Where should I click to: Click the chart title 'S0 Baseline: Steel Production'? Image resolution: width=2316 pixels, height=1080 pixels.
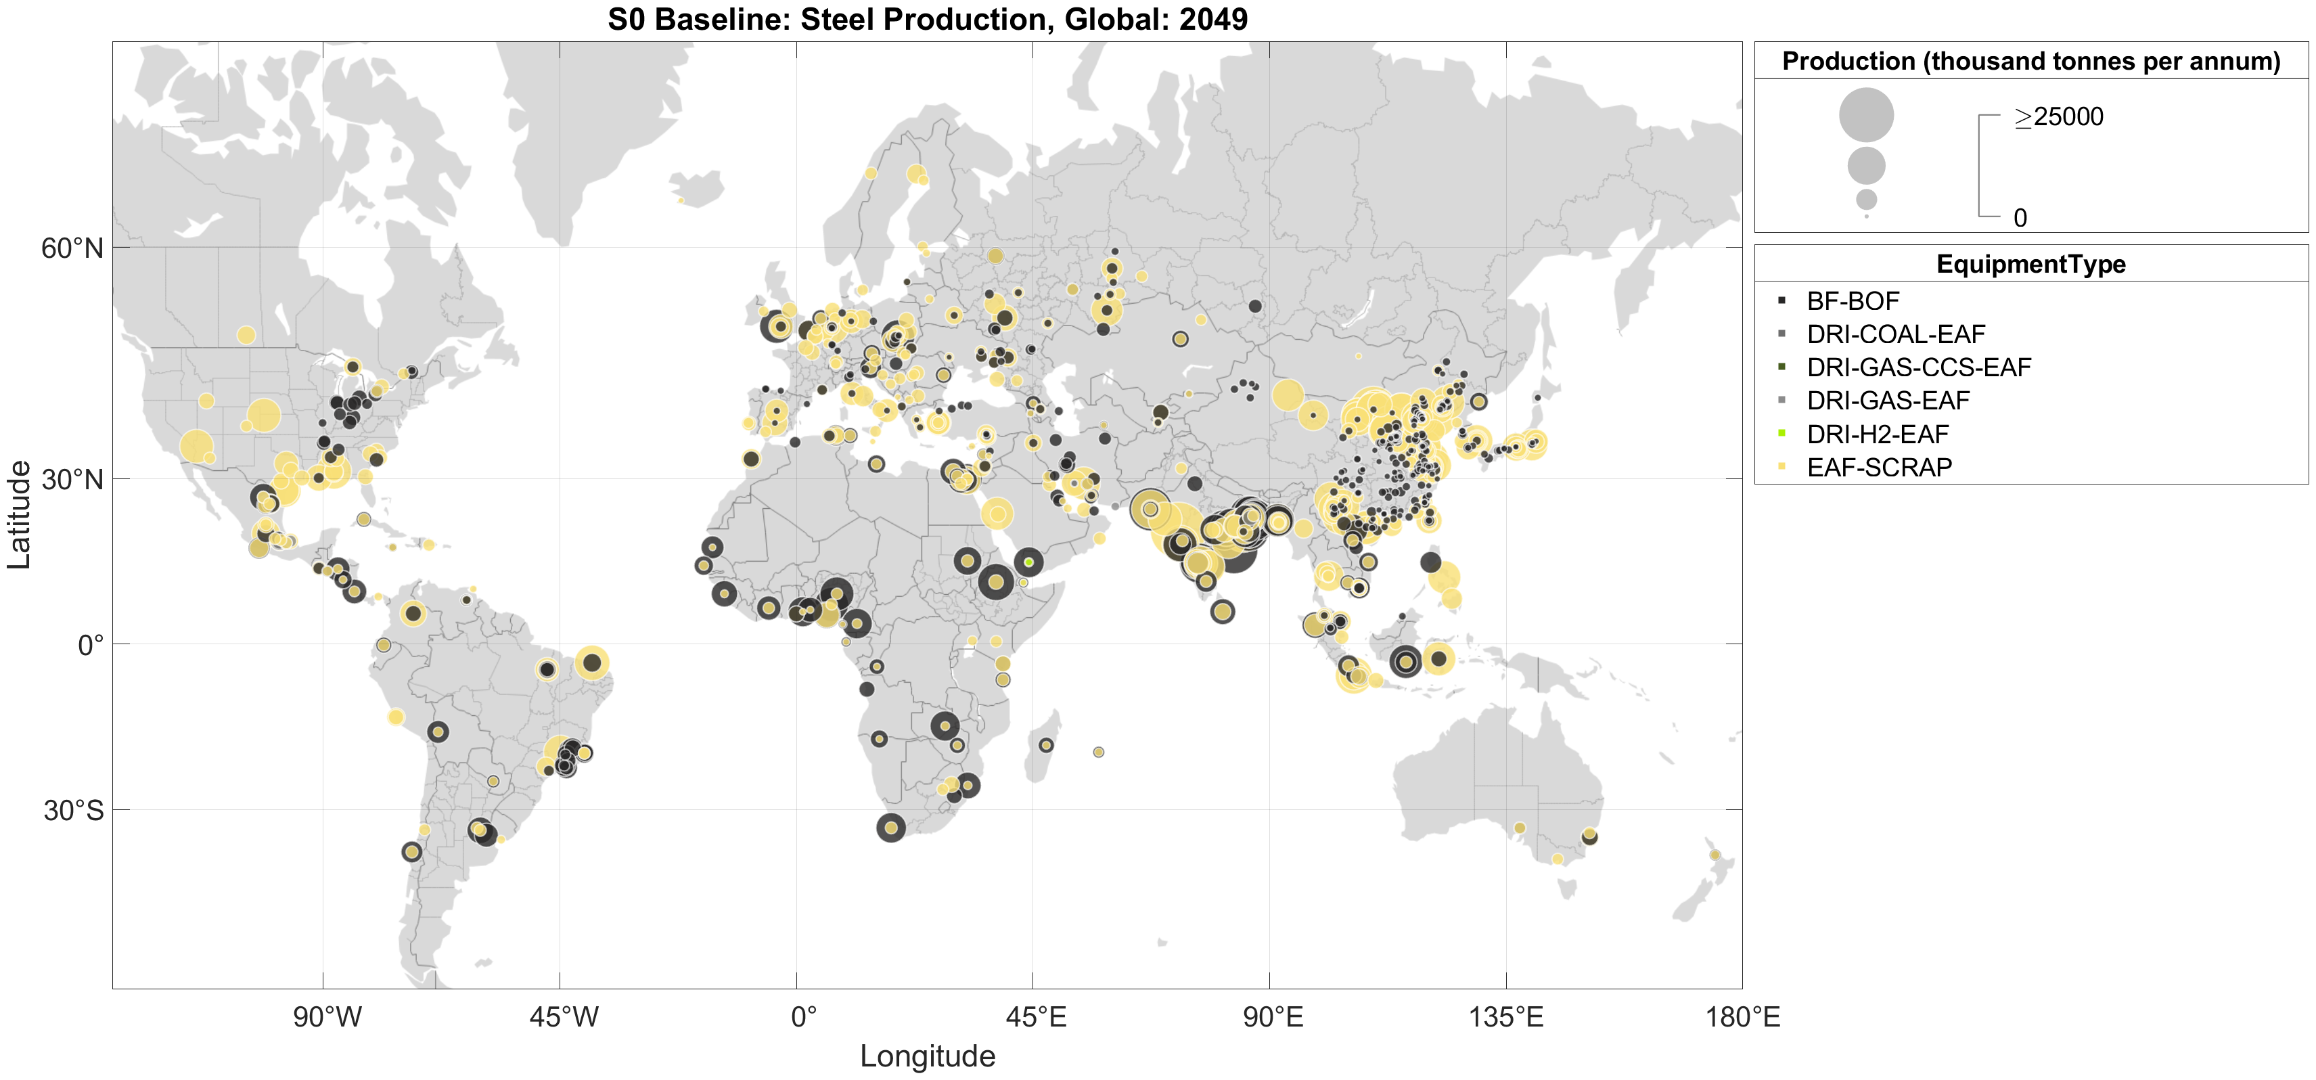(927, 19)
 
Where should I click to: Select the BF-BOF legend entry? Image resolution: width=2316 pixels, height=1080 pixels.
(1852, 301)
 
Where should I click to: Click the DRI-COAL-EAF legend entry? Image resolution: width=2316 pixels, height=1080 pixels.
(1894, 334)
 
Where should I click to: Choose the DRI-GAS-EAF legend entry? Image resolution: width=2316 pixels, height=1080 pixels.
(1887, 400)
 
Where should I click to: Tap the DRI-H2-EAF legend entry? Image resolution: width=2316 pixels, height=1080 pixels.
(1878, 434)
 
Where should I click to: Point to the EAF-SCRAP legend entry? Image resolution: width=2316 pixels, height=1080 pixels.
(1878, 467)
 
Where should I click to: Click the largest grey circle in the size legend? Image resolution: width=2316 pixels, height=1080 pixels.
(1865, 114)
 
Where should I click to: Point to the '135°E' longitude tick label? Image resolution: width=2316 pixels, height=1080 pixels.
(1506, 1017)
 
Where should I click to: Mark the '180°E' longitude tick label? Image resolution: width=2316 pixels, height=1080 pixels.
(1742, 1017)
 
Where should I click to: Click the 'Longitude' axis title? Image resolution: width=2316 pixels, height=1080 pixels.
(927, 1056)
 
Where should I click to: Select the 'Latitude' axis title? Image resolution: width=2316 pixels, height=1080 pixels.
(19, 514)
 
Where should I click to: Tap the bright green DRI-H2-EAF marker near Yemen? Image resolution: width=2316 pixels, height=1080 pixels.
(1028, 562)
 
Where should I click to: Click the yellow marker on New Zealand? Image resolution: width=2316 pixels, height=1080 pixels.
(1715, 855)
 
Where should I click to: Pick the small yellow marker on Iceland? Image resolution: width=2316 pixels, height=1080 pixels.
(681, 200)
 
